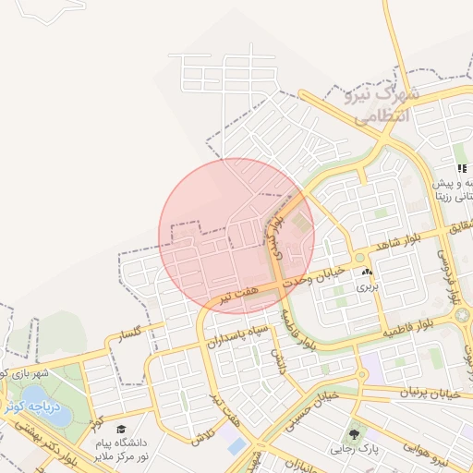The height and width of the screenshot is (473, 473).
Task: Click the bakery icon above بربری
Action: (x=369, y=273)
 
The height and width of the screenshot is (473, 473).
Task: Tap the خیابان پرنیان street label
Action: (x=409, y=392)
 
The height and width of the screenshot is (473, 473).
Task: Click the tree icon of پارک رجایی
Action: (x=353, y=433)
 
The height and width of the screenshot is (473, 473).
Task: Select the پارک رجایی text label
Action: (x=353, y=450)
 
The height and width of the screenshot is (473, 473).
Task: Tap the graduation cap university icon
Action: (x=121, y=429)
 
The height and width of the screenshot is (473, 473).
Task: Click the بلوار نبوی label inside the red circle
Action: (x=275, y=235)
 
